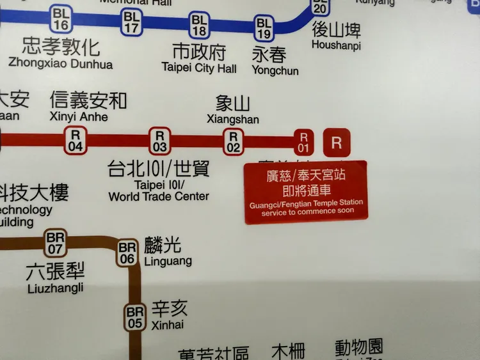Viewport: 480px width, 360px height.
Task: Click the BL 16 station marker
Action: coord(62,19)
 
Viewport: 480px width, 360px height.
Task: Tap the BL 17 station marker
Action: coord(132,22)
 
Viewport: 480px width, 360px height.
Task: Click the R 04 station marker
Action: coord(76,141)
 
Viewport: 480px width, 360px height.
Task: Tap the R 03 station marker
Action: coord(160,141)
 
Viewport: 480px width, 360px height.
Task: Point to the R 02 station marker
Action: coord(234,141)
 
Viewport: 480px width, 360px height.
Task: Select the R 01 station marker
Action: coord(304,142)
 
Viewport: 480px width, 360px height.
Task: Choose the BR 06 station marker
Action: coord(127,253)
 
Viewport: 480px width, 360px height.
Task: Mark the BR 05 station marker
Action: coord(134,317)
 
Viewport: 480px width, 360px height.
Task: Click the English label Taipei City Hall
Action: coord(199,68)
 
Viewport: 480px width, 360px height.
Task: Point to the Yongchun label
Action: coord(275,71)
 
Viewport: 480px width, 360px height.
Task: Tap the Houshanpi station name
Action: coord(336,45)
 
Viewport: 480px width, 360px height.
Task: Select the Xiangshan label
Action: coord(233,120)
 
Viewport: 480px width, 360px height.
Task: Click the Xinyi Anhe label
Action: coord(79,117)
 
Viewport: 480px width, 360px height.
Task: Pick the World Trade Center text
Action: coord(159,196)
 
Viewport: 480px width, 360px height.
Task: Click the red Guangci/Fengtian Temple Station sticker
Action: coord(306,192)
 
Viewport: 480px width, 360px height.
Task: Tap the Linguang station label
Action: coord(168,262)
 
